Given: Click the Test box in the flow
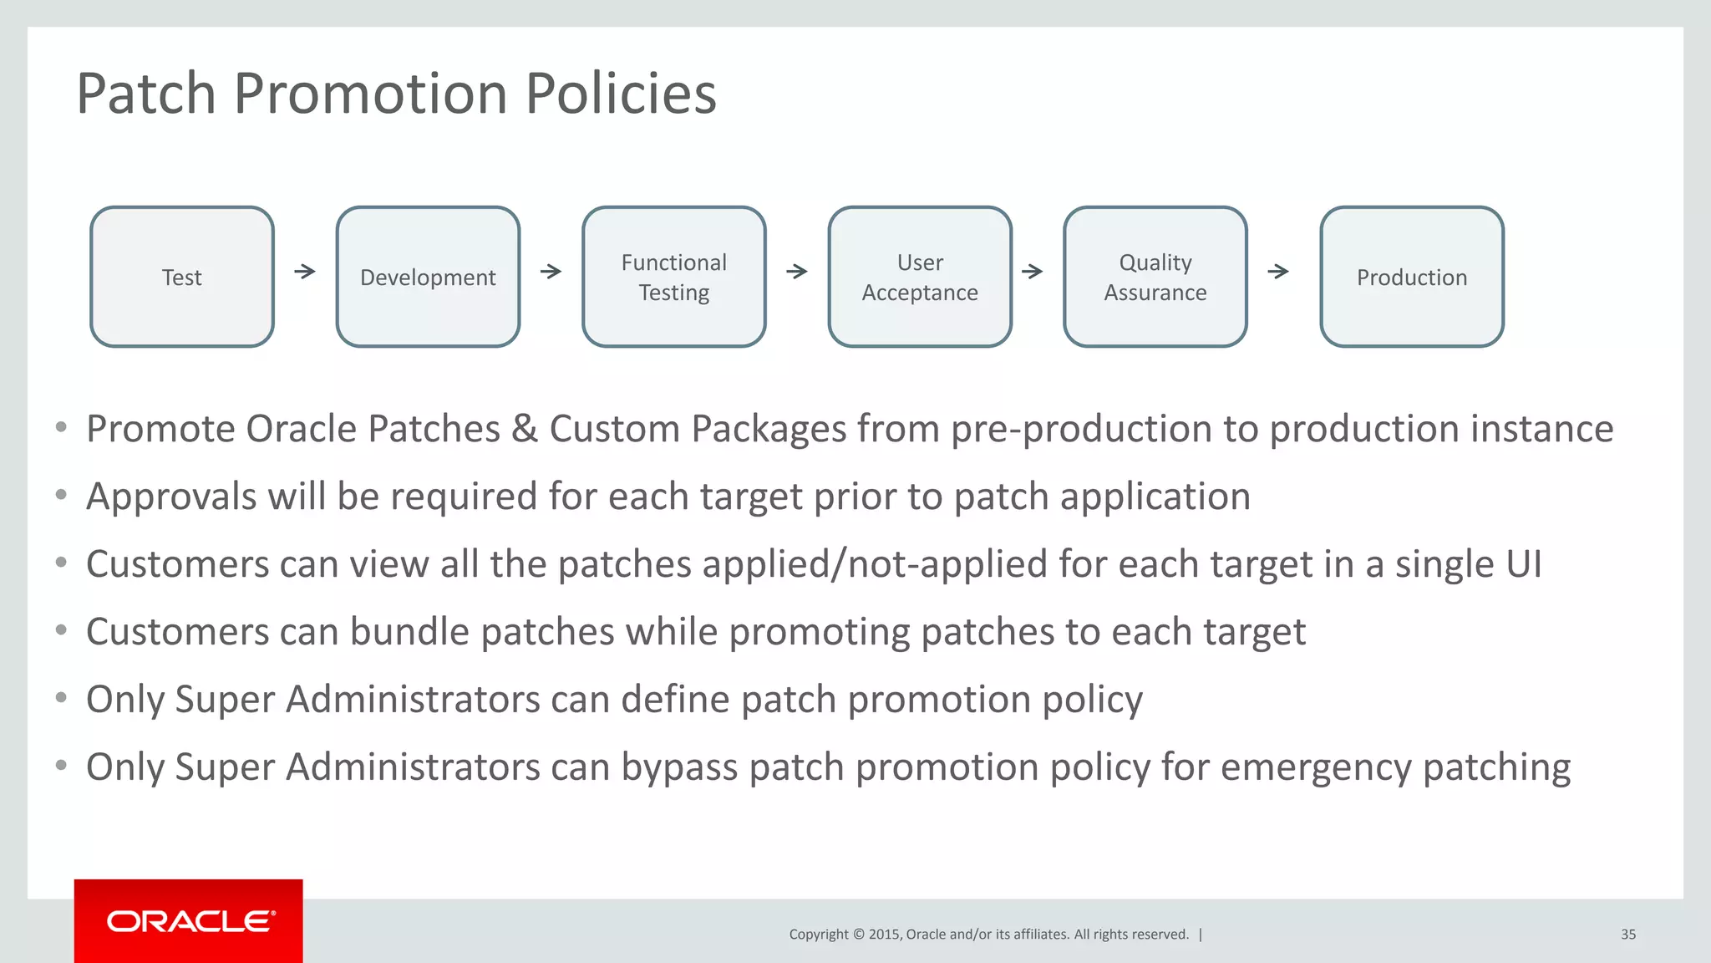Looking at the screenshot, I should [182, 277].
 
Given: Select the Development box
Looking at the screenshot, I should [428, 277].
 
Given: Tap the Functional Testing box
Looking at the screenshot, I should [673, 277].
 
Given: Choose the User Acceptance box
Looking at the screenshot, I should [920, 277].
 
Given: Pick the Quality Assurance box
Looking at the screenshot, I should [1155, 277].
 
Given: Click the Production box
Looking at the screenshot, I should [1412, 277].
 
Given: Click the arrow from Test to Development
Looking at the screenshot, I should [305, 271].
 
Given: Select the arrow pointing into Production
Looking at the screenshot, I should [1278, 271].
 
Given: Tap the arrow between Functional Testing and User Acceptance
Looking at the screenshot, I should [797, 271].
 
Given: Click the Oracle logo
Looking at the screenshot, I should [189, 921].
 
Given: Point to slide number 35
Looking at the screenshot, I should [1628, 935].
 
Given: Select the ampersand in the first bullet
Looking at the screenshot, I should [525, 429].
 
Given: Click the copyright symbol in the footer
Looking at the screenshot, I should [858, 935].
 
